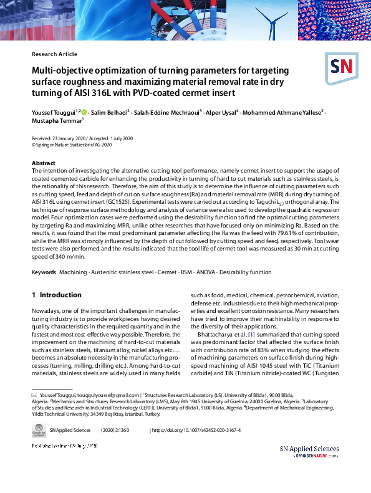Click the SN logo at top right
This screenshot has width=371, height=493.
tap(339, 65)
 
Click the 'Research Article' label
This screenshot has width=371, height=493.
tap(54, 54)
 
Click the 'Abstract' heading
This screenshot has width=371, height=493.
tap(43, 163)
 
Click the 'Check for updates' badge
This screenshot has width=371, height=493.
tap(39, 429)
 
